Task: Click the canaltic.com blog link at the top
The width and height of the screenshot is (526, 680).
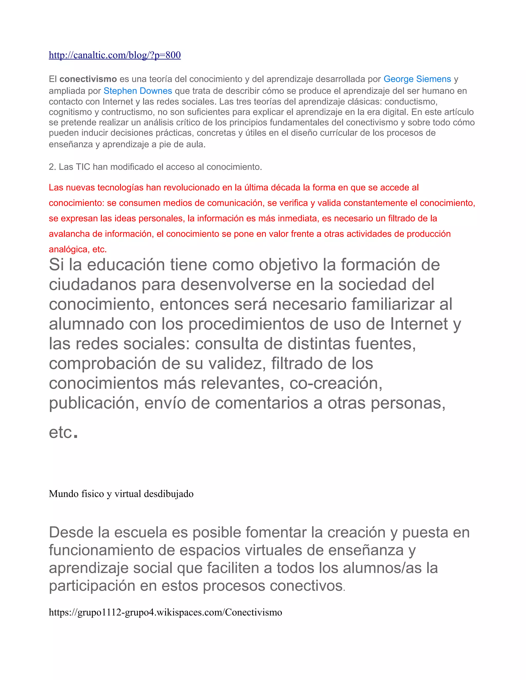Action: coord(115,55)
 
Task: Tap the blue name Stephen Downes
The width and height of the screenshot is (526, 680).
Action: coord(138,91)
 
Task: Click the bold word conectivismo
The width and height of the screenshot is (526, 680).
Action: coord(88,79)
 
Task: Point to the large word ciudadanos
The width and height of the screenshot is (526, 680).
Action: coord(92,285)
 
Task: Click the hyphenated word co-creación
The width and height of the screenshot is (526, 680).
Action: coord(336,383)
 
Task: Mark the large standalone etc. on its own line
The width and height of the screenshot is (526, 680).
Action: coord(63,432)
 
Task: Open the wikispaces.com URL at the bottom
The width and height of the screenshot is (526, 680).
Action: coord(165,612)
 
